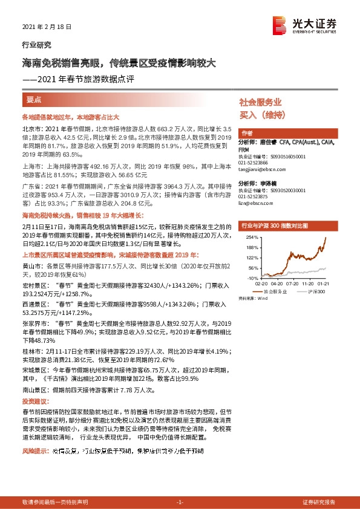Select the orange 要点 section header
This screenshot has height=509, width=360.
point(34,100)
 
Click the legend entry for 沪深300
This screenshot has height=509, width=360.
point(317,291)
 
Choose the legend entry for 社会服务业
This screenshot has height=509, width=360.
point(276,291)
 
